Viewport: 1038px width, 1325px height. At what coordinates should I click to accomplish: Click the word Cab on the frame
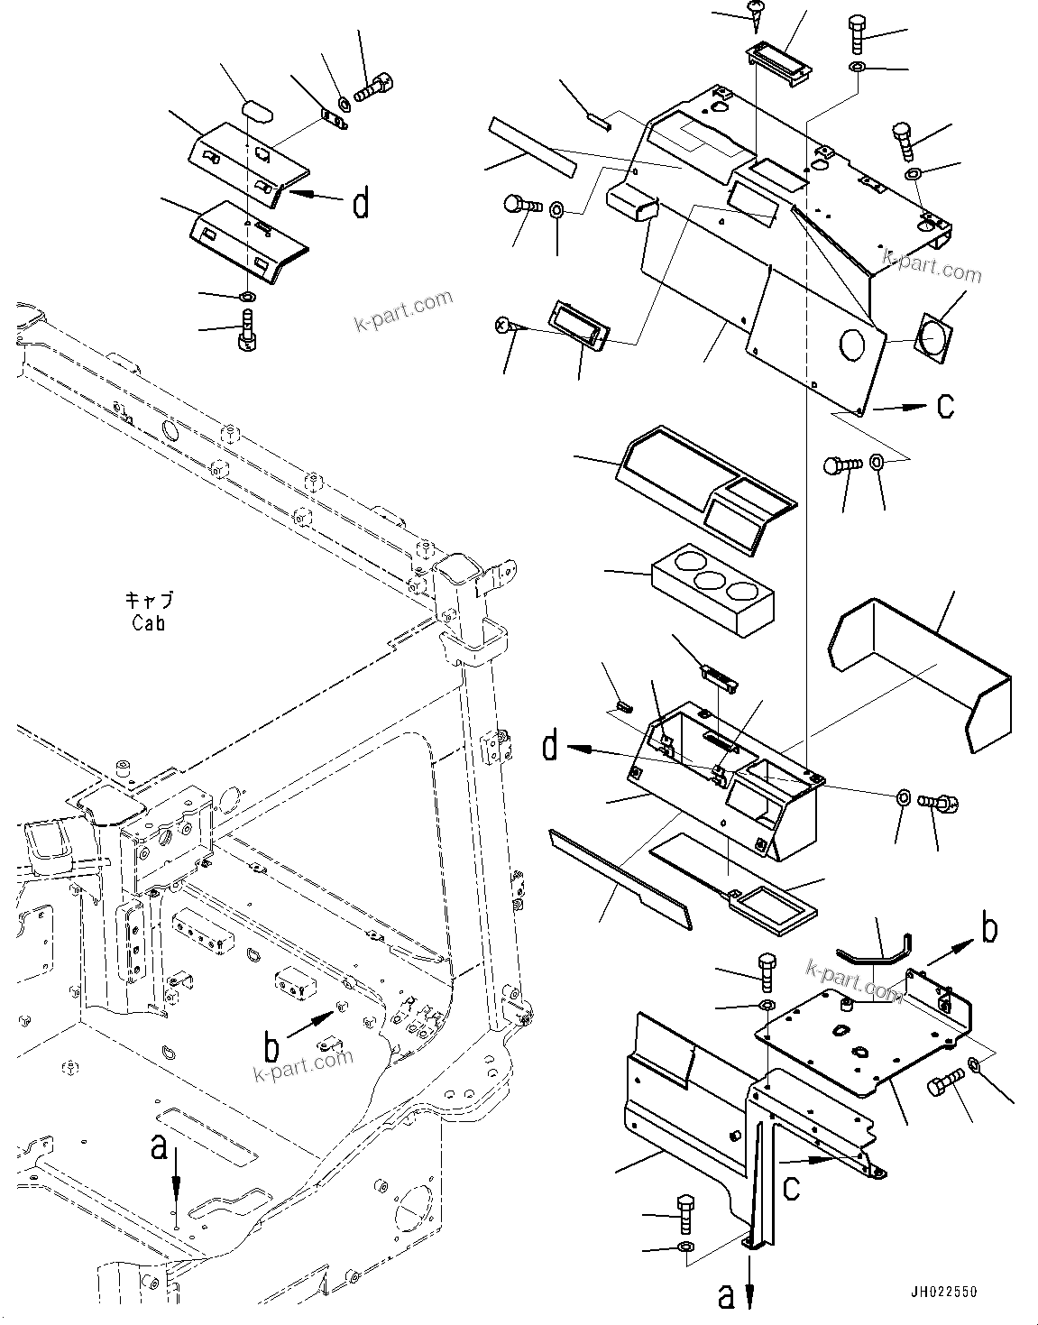[148, 622]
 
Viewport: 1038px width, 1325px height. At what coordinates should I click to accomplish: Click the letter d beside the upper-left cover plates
[360, 206]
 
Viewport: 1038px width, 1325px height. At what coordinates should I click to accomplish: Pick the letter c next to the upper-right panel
[944, 407]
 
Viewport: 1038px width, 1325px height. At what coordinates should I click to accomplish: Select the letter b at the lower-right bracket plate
[989, 929]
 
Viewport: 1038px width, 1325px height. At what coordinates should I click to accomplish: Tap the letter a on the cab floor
[159, 1147]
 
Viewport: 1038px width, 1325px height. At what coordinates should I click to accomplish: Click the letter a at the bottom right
[726, 1295]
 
